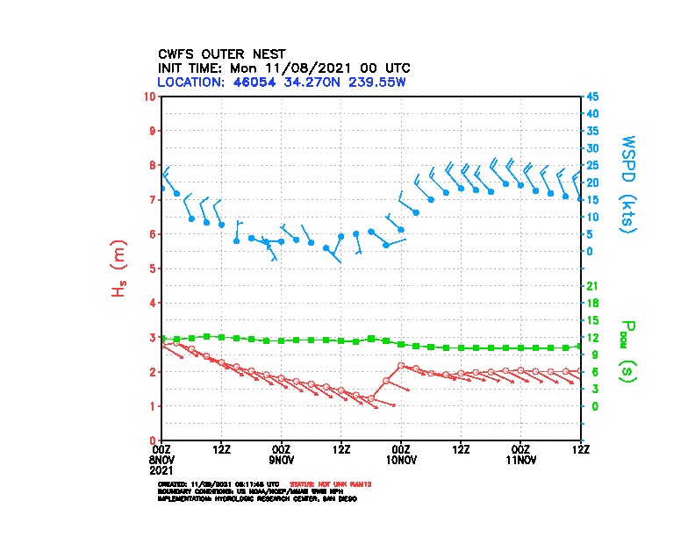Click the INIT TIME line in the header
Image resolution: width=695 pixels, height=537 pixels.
283,68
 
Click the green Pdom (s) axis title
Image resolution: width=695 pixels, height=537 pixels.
625,355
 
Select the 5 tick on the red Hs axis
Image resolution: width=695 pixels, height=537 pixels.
153,268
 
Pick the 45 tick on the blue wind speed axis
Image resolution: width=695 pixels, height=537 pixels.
592,97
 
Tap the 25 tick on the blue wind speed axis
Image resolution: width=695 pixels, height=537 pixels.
592,165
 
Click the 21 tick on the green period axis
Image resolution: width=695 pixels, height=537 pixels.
592,286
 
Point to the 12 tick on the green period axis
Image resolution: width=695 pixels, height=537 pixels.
592,337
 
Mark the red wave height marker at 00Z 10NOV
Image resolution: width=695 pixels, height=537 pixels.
401,365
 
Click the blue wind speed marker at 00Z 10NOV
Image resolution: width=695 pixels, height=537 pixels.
401,230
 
